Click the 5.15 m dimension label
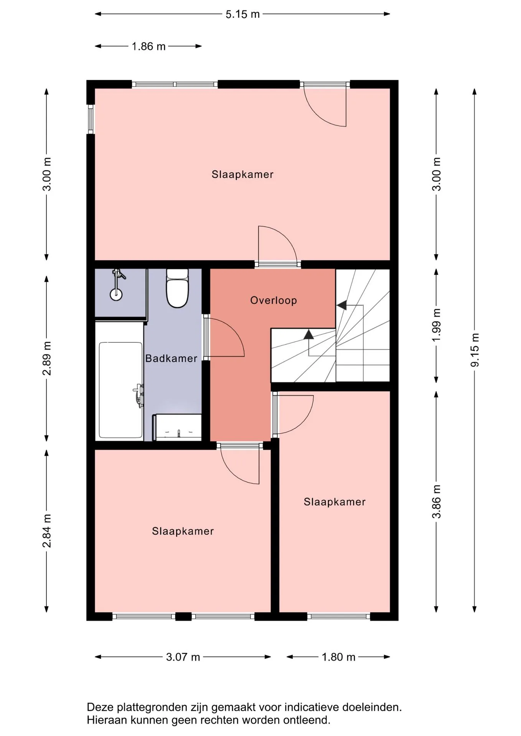242,14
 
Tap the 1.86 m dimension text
148,46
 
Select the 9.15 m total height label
475,350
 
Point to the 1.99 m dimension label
437,325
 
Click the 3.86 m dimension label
437,501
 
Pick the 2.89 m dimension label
47,358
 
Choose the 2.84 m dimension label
47,531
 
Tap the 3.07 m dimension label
183,657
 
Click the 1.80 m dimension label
338,657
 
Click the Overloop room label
274,300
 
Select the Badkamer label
171,358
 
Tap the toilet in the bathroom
177,288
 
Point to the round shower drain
116,294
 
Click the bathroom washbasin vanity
177,427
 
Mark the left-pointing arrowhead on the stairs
341,305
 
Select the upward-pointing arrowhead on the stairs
308,334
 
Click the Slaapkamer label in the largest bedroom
242,174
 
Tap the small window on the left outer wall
91,119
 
